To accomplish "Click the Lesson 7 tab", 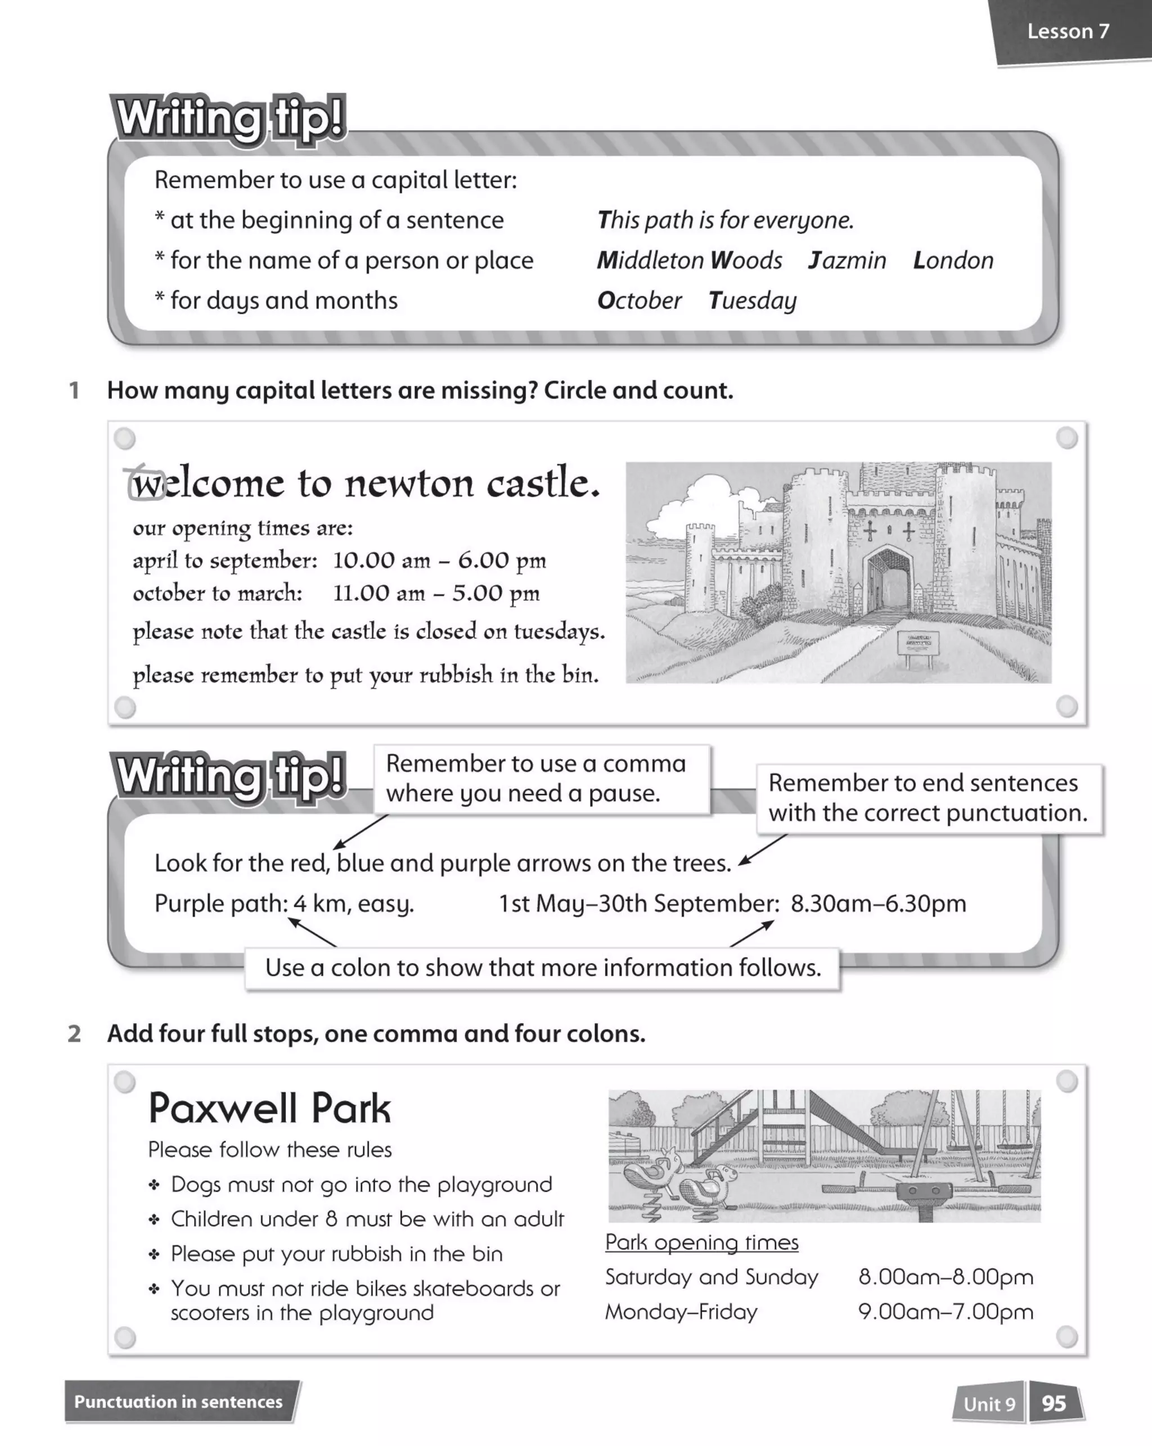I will click(1068, 31).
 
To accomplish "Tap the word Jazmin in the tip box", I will click(847, 260).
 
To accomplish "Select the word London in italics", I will click(953, 260).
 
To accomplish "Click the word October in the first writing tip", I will click(639, 300).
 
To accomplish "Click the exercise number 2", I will click(74, 1033).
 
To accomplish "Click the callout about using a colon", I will click(542, 968).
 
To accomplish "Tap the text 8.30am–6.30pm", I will click(877, 903).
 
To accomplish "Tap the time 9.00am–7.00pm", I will click(946, 1311).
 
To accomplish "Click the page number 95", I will click(1054, 1403).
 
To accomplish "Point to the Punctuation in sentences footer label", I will click(178, 1402).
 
